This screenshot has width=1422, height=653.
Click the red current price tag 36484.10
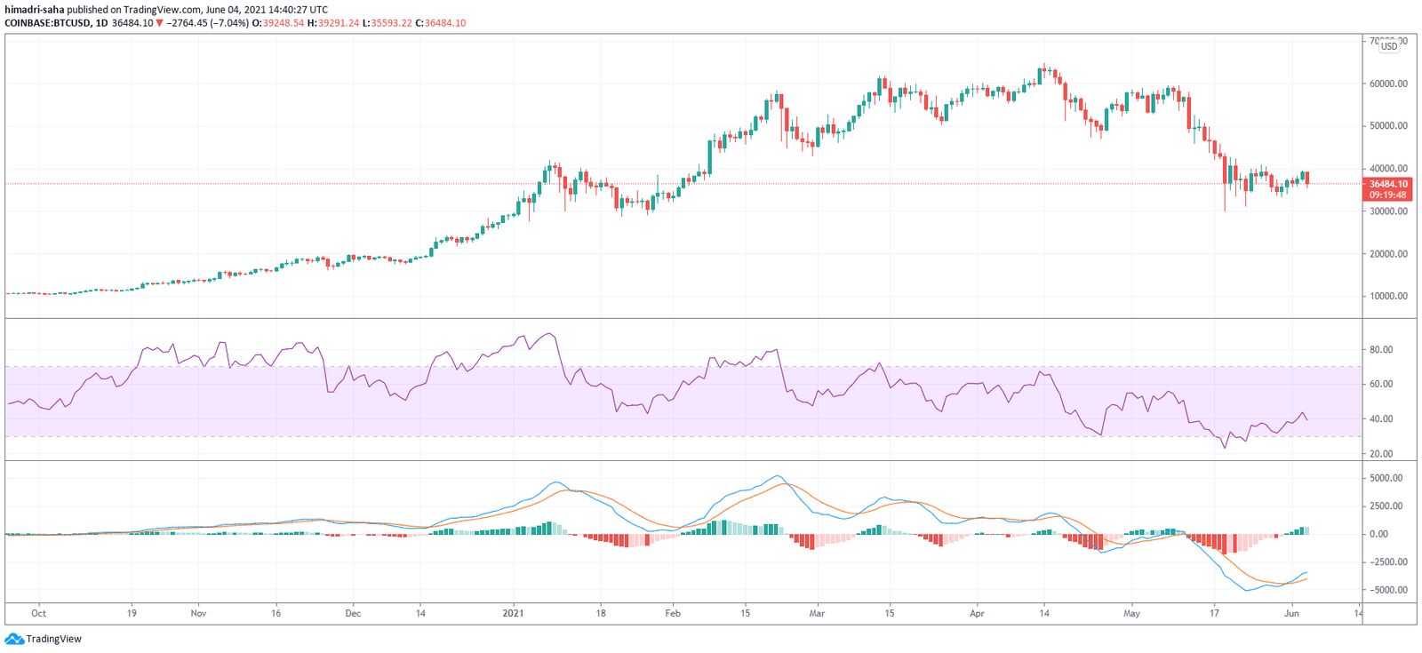click(1388, 184)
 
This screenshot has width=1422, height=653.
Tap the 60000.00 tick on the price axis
click(1388, 84)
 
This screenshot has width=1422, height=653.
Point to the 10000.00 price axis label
click(1388, 296)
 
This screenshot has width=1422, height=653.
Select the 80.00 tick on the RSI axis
click(1380, 350)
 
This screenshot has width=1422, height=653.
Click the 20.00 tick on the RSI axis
click(1380, 454)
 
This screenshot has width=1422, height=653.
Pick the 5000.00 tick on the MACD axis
click(1386, 478)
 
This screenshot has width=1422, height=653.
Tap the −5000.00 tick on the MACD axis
click(1386, 590)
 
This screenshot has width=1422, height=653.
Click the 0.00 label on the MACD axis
click(1378, 534)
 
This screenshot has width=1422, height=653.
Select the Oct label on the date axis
click(38, 613)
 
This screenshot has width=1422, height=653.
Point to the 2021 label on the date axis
click(513, 613)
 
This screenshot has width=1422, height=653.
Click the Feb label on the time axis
click(673, 613)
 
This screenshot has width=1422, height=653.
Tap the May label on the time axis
click(1131, 613)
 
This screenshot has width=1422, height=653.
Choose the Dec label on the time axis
click(353, 613)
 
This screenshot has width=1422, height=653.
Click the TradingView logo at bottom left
click(44, 639)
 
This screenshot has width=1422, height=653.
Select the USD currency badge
click(1388, 46)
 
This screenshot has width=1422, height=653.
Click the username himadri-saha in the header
click(34, 10)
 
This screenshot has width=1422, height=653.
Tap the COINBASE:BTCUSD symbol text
click(47, 23)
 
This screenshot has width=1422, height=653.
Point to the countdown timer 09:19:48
click(1388, 195)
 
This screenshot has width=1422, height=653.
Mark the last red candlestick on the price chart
click(1306, 179)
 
